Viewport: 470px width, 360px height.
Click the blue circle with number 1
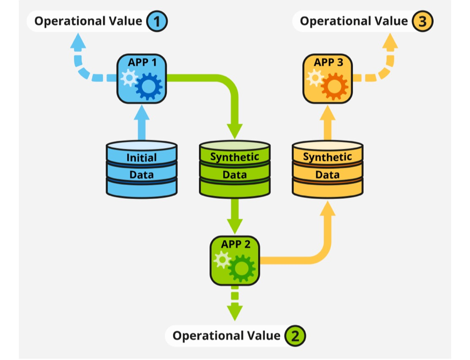pyautogui.click(x=157, y=21)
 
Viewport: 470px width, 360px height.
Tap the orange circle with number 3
pyautogui.click(x=423, y=21)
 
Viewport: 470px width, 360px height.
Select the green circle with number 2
pyautogui.click(x=295, y=336)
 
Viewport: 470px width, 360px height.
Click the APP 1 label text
pyautogui.click(x=142, y=62)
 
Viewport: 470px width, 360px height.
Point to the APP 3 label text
pyautogui.click(x=328, y=62)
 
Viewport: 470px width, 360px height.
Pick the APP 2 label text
pyautogui.click(x=236, y=244)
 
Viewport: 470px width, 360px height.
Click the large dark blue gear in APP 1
pyautogui.click(x=149, y=86)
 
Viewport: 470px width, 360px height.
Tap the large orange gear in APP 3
pyautogui.click(x=335, y=86)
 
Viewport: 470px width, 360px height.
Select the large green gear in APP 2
pyautogui.click(x=242, y=268)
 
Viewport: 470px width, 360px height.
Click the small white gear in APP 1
pyautogui.click(x=129, y=78)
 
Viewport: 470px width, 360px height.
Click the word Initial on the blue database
pyautogui.click(x=142, y=157)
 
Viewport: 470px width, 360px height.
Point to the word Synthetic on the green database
pyautogui.click(x=235, y=157)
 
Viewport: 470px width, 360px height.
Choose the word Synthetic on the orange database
pyautogui.click(x=328, y=157)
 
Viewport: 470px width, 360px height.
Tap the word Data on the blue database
pyautogui.click(x=142, y=175)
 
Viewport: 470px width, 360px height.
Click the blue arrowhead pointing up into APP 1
pyautogui.click(x=142, y=112)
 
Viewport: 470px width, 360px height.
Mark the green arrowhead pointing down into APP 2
pyautogui.click(x=235, y=226)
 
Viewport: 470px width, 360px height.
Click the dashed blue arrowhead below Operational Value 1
pyautogui.click(x=78, y=41)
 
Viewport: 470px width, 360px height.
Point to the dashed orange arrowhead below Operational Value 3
pyautogui.click(x=390, y=41)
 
